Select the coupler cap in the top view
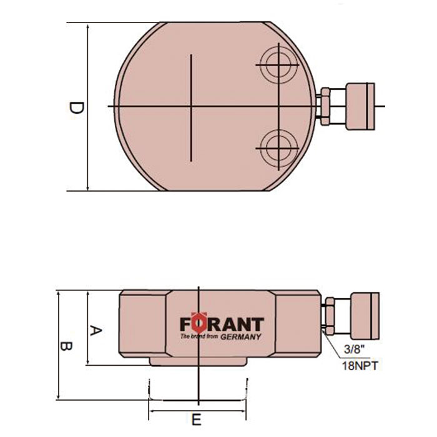click(x=356, y=106)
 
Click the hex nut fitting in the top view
click(x=326, y=106)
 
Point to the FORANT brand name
click(x=222, y=325)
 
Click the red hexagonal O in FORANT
click(x=197, y=323)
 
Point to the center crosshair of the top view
click(x=191, y=107)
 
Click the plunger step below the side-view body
click(x=197, y=363)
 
